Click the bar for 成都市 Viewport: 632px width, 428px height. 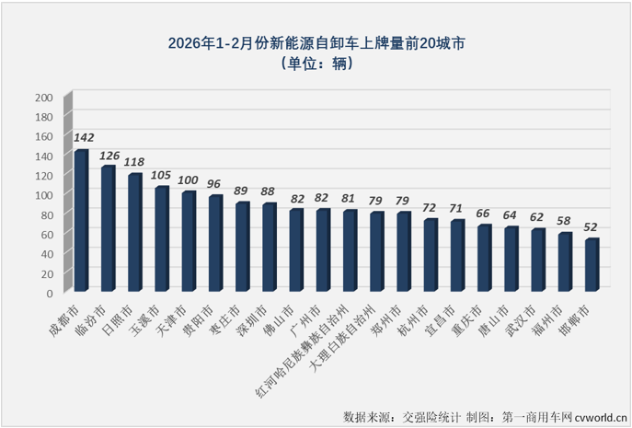[81, 221]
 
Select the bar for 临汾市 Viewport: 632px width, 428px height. [108, 229]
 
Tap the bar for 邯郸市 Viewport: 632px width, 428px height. [592, 266]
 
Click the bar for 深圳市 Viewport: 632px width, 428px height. [269, 248]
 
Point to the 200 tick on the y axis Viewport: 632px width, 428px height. [43, 98]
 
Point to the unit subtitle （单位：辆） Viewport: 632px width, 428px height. [316, 64]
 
